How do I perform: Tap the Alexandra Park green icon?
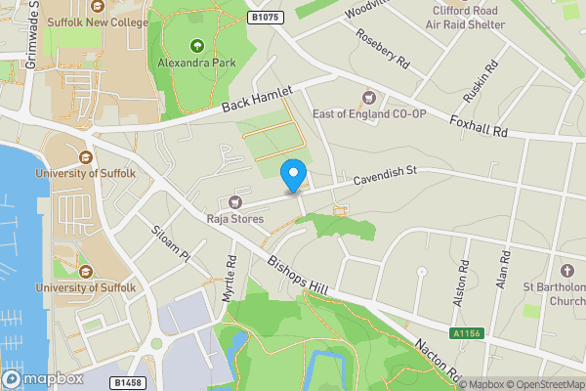pyautogui.click(x=196, y=45)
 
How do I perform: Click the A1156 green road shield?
pyautogui.click(x=466, y=333)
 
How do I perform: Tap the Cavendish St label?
pyautogui.click(x=385, y=175)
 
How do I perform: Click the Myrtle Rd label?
pyautogui.click(x=231, y=278)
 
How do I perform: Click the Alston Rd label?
pyautogui.click(x=461, y=282)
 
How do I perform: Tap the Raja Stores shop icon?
pyautogui.click(x=234, y=201)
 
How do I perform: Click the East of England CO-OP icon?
pyautogui.click(x=369, y=97)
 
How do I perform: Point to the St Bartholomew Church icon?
pyautogui.click(x=566, y=269)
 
